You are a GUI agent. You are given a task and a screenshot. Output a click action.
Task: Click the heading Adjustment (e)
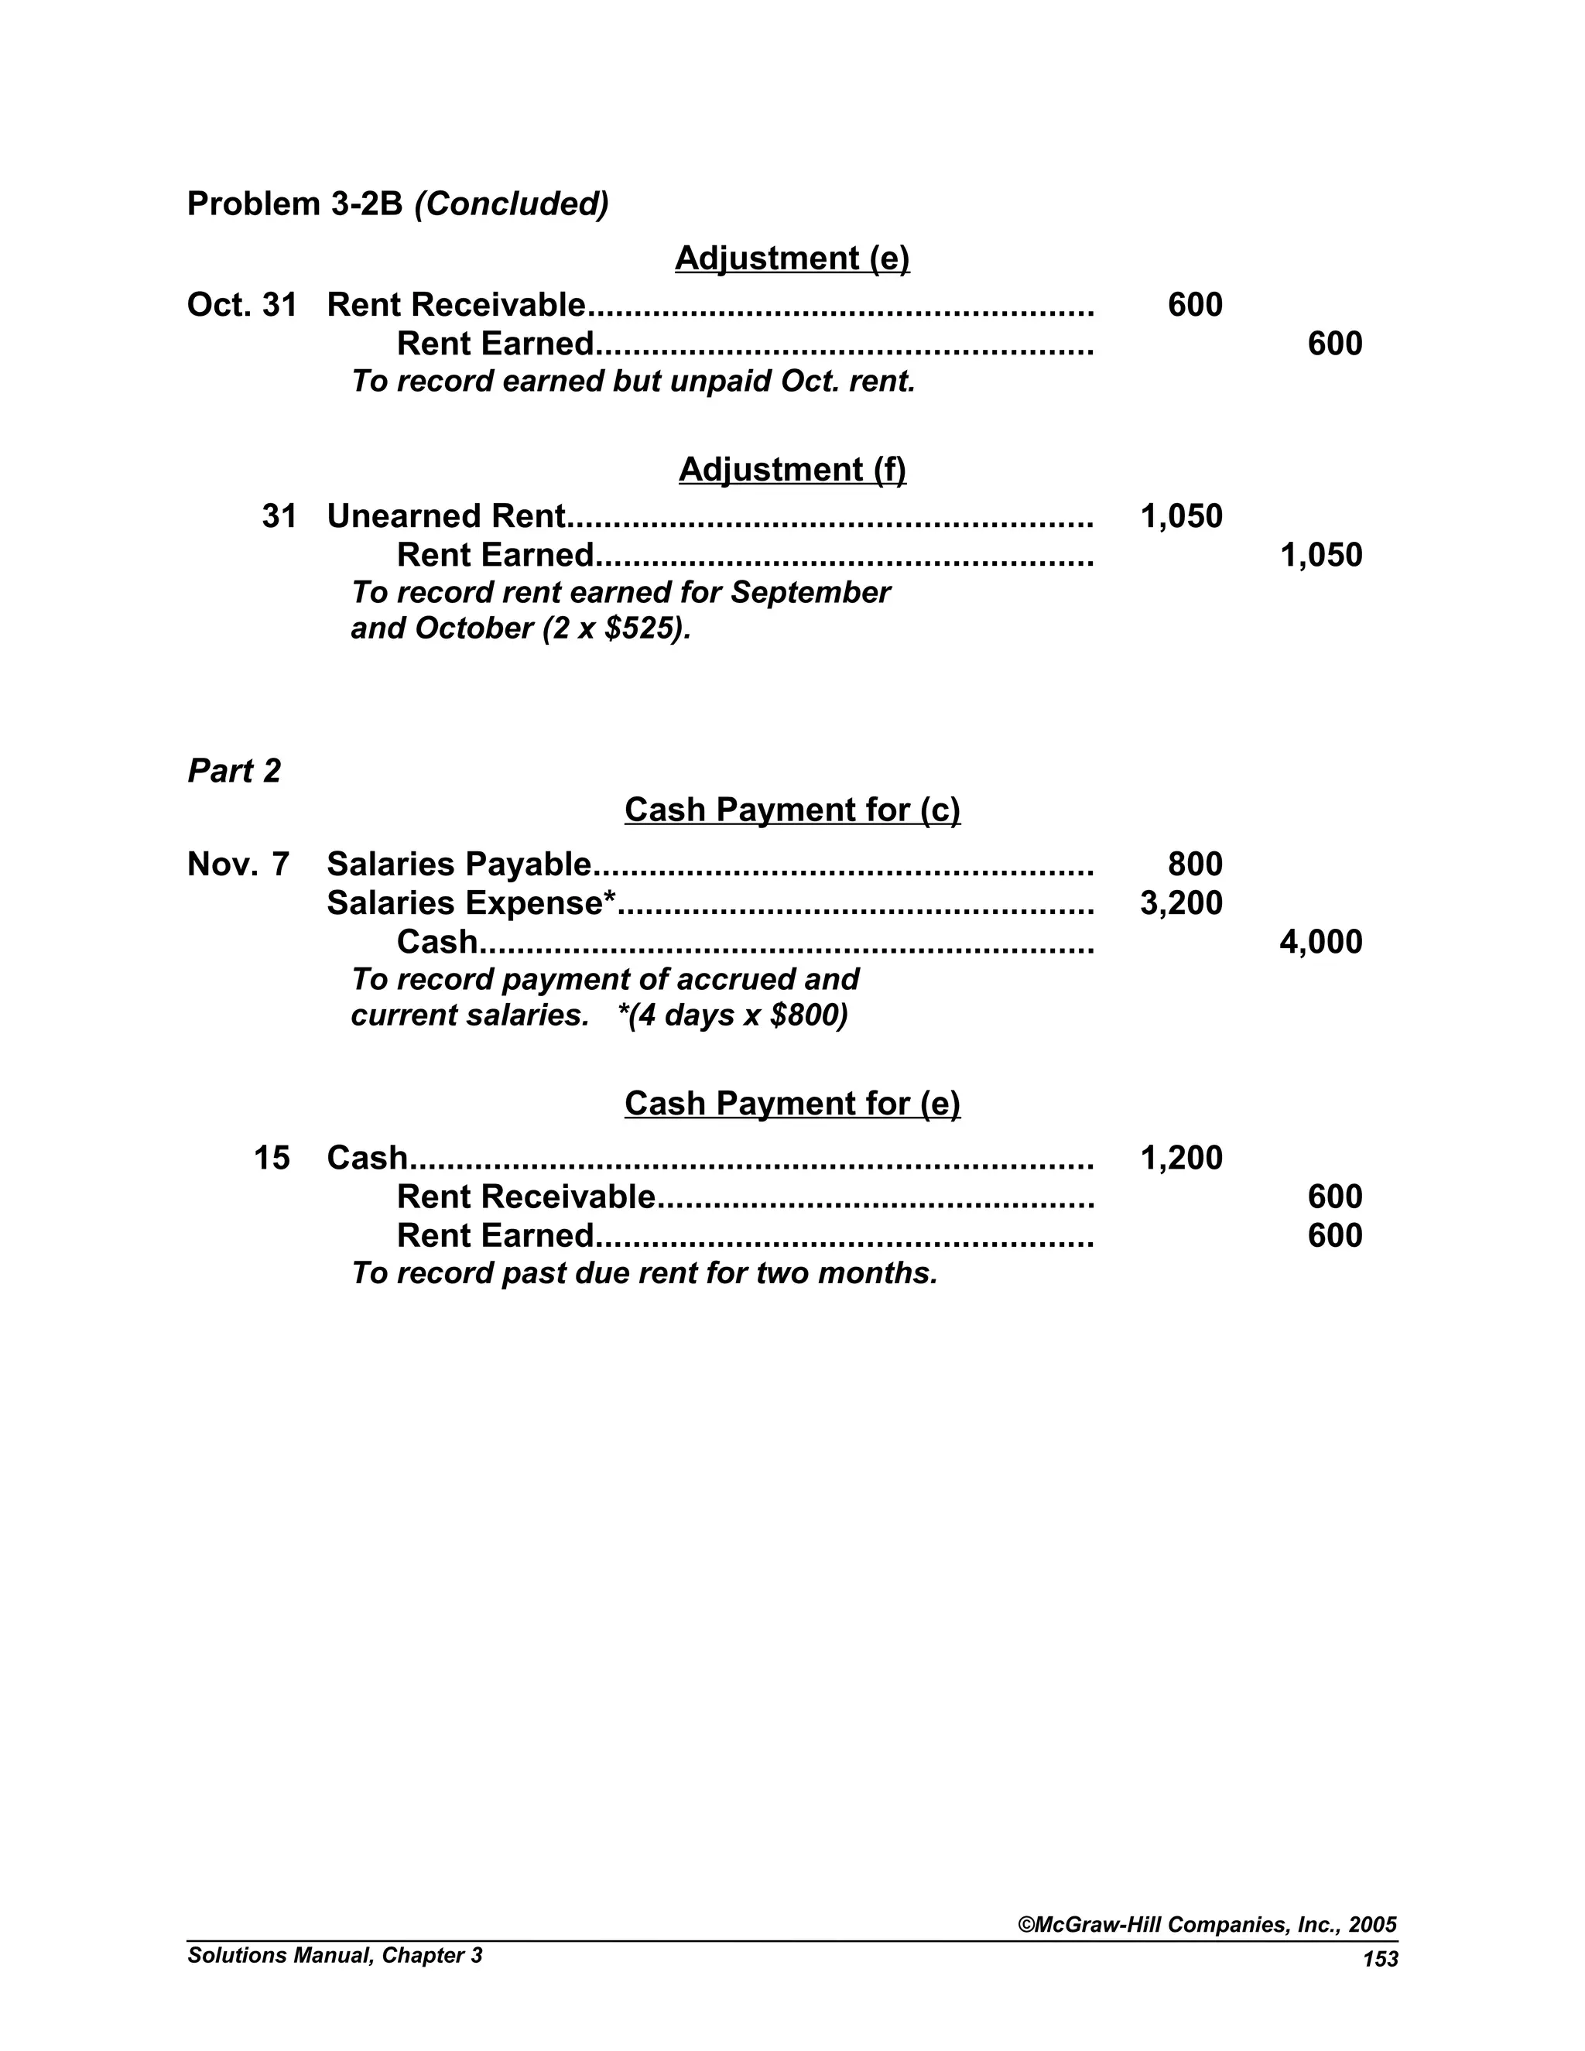pyautogui.click(x=792, y=259)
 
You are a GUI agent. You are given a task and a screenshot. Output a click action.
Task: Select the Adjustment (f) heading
pyautogui.click(x=792, y=470)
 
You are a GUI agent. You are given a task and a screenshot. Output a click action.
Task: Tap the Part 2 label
pyautogui.click(x=234, y=771)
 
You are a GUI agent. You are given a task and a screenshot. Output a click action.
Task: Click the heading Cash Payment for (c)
pyautogui.click(x=792, y=810)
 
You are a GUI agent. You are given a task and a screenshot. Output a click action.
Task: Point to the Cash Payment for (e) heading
pyautogui.click(x=792, y=1104)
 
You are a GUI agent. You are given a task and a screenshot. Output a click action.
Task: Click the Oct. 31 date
pyautogui.click(x=241, y=305)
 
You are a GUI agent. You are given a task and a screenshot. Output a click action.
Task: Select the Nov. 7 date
pyautogui.click(x=238, y=864)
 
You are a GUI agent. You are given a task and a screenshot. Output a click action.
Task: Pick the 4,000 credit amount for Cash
pyautogui.click(x=1320, y=942)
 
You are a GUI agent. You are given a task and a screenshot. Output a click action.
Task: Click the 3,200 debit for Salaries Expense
pyautogui.click(x=1180, y=903)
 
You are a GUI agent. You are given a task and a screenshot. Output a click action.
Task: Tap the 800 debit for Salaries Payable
pyautogui.click(x=1194, y=864)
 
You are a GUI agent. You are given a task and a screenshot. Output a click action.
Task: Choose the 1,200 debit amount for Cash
pyautogui.click(x=1180, y=1158)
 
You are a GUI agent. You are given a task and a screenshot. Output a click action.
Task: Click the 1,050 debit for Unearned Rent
pyautogui.click(x=1180, y=516)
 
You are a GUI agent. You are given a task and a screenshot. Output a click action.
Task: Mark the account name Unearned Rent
pyautogui.click(x=446, y=516)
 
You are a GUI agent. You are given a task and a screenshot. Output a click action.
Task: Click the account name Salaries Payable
pyautogui.click(x=458, y=864)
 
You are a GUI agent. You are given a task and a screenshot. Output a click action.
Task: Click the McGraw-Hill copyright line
pyautogui.click(x=1207, y=1924)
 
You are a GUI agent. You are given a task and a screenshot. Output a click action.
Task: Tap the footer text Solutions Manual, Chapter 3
pyautogui.click(x=334, y=1955)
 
